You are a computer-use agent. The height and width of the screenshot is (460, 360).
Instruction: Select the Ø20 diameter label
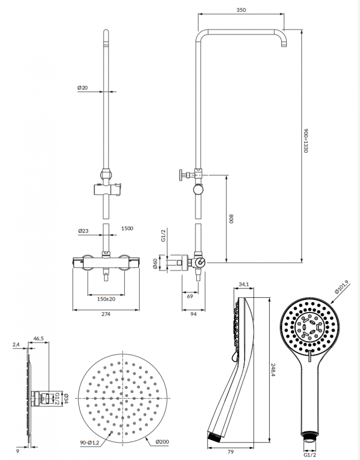(x=82, y=88)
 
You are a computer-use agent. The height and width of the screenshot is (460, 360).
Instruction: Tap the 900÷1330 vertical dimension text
(x=306, y=141)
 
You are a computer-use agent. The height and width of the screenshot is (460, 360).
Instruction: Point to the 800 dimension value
(x=231, y=219)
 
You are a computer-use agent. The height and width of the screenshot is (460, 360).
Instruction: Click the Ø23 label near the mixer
(x=83, y=231)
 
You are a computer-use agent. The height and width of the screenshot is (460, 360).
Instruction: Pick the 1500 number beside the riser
(x=127, y=228)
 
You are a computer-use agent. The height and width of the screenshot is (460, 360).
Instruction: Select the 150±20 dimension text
(x=106, y=299)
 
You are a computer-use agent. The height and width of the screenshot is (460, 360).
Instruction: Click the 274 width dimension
(x=106, y=314)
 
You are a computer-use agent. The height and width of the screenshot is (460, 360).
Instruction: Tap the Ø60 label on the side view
(x=155, y=264)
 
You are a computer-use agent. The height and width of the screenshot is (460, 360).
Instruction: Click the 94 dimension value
(x=193, y=314)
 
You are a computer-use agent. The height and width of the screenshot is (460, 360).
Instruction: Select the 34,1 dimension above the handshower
(x=243, y=284)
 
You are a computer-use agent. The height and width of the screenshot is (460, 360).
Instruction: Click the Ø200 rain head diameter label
(x=162, y=442)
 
